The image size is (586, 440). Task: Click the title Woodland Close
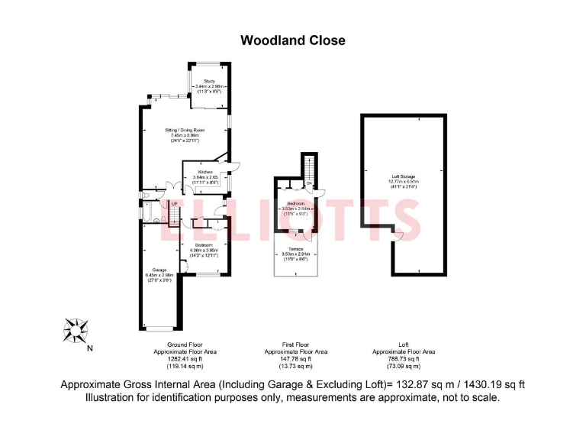tap(293, 40)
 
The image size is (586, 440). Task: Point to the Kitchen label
tap(205, 172)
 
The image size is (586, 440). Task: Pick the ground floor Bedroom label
tap(202, 245)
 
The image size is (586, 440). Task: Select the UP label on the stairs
tap(174, 204)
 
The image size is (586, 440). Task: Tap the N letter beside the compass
tap(90, 348)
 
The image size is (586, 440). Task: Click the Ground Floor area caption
tap(185, 351)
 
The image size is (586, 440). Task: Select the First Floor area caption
tap(295, 351)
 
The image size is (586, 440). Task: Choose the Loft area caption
tap(404, 351)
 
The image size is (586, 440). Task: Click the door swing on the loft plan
tap(395, 237)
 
